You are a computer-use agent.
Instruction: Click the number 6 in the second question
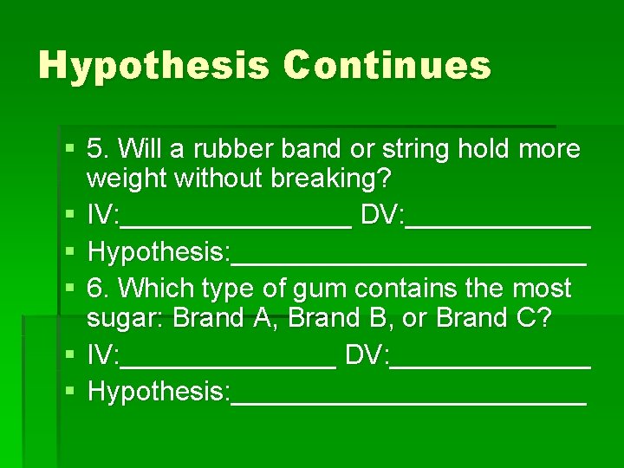point(96,289)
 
